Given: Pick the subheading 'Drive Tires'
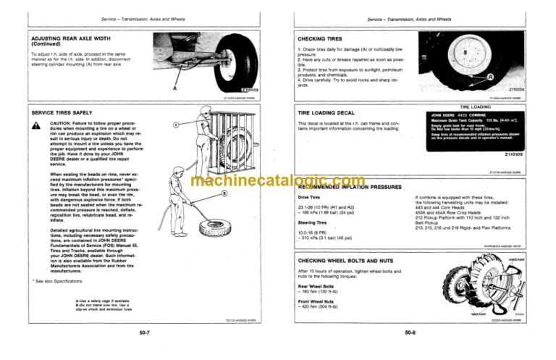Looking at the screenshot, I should [x=310, y=196].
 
